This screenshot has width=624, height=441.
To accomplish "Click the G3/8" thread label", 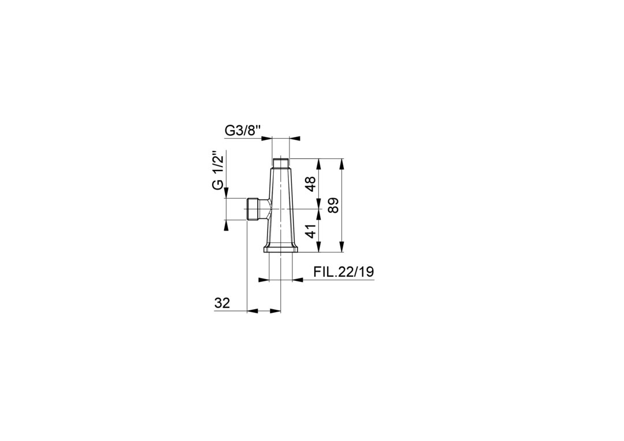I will click(243, 131).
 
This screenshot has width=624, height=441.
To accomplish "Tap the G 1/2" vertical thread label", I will click(217, 170).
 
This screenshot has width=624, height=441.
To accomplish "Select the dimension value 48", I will click(311, 184).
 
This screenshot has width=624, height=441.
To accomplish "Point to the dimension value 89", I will click(333, 206).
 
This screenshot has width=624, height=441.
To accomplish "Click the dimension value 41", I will click(311, 231).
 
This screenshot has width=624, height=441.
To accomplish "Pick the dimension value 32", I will click(222, 303).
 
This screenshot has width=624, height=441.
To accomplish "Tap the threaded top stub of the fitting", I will click(281, 163).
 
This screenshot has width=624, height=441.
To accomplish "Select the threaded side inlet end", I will click(252, 209).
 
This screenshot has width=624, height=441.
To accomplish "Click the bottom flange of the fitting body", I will click(281, 249).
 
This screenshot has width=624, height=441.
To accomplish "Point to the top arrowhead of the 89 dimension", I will click(342, 164).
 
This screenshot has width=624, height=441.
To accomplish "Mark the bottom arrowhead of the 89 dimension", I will click(342, 248).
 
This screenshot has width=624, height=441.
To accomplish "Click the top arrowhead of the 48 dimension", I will click(318, 164).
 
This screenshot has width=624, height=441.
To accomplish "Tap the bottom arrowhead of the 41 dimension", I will click(318, 248).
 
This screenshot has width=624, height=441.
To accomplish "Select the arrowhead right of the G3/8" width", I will click(295, 138).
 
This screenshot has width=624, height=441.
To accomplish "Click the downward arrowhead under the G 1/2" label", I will click(226, 193).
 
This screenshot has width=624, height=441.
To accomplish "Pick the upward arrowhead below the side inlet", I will click(226, 224).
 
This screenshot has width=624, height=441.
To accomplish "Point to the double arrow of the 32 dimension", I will click(264, 311).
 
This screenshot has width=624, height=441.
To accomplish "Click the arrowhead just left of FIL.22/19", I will click(298, 280).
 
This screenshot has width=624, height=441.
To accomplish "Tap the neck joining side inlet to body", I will click(265, 209).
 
